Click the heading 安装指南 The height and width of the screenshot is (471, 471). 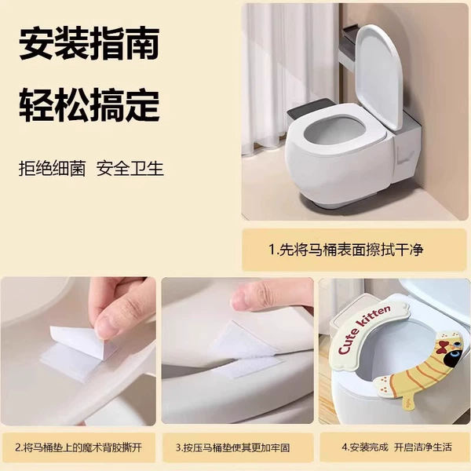pyautogui.click(x=89, y=44)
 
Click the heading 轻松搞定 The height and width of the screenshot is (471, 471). pyautogui.click(x=89, y=104)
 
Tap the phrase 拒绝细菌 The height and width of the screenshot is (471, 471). pyautogui.click(x=53, y=169)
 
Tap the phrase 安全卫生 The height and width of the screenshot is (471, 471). pyautogui.click(x=130, y=169)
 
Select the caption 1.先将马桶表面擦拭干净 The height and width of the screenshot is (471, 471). pyautogui.click(x=346, y=250)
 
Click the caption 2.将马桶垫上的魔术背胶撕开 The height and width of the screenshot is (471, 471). pyautogui.click(x=78, y=448)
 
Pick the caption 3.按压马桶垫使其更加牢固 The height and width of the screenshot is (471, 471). pyautogui.click(x=233, y=448)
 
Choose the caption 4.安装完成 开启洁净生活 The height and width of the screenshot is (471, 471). pyautogui.click(x=396, y=447)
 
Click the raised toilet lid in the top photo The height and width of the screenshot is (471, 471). pyautogui.click(x=379, y=75)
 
